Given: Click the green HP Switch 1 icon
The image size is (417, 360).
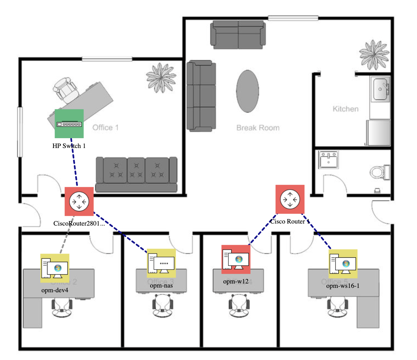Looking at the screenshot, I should click(x=69, y=124).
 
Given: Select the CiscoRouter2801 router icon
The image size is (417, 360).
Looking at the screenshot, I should click(x=79, y=202).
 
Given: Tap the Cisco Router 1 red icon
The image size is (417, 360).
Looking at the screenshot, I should click(x=290, y=199).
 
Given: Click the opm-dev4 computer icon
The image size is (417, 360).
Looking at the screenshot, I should click(x=55, y=268).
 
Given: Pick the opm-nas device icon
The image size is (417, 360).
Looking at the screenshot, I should click(x=161, y=263).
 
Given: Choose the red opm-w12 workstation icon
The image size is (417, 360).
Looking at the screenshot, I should click(x=236, y=259).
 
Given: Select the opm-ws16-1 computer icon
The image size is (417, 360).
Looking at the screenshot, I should click(x=343, y=263).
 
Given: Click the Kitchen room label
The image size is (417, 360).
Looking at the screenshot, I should click(x=345, y=109).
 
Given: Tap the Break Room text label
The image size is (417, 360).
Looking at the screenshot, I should click(x=258, y=128).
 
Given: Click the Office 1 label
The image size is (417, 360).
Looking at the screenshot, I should click(x=105, y=127).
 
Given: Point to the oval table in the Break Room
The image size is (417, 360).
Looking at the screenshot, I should click(x=247, y=91).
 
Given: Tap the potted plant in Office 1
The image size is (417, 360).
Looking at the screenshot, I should click(x=161, y=78).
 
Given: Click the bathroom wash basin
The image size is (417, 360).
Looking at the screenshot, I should click(x=328, y=160).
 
